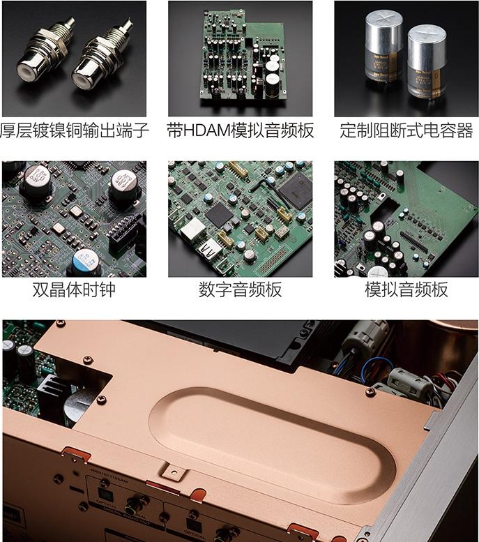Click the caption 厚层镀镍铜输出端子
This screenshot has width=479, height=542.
[74, 130]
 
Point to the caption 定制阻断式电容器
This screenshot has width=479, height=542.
[406, 130]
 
